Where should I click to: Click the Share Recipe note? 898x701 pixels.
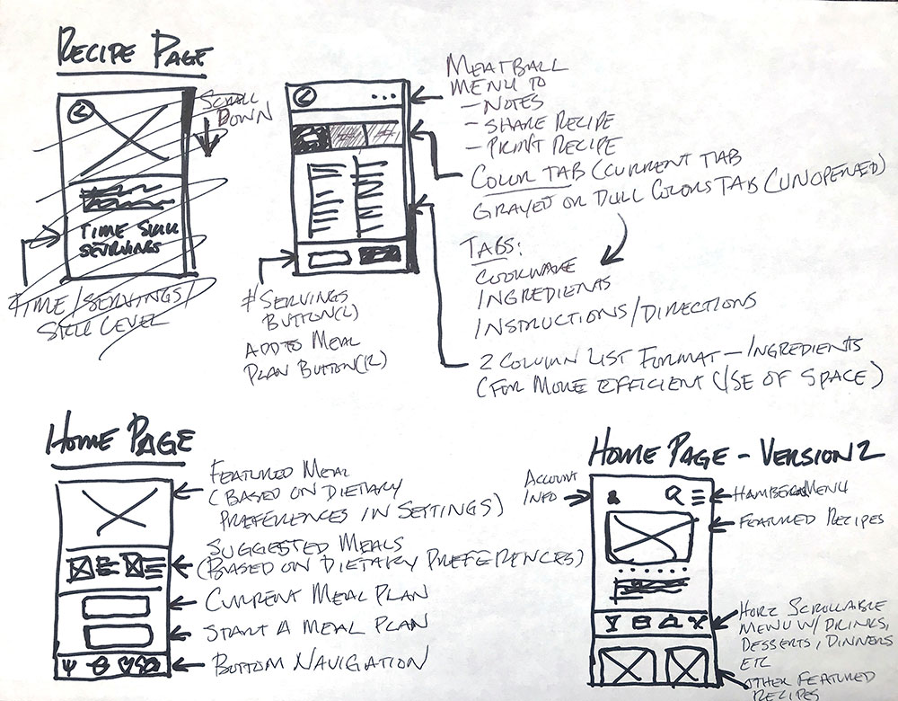click(x=540, y=122)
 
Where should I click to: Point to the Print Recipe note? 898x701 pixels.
click(x=540, y=144)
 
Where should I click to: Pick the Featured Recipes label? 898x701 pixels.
click(x=803, y=521)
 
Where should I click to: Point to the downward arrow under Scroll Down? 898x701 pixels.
click(x=207, y=141)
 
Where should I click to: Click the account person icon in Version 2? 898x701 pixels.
click(x=614, y=495)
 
